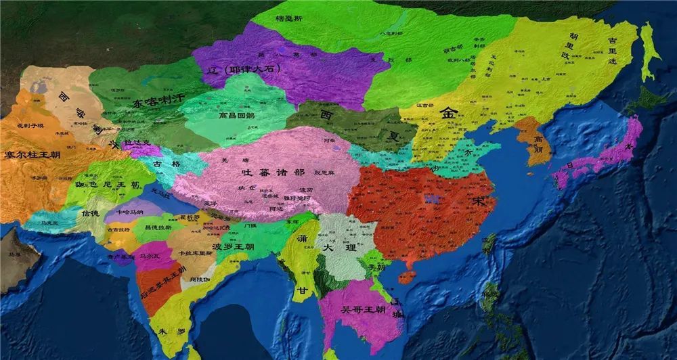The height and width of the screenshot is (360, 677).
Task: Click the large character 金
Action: tap(448, 114)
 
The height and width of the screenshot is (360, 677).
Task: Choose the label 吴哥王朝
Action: tap(364, 310)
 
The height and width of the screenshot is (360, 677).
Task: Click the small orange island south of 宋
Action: tap(406, 277)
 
